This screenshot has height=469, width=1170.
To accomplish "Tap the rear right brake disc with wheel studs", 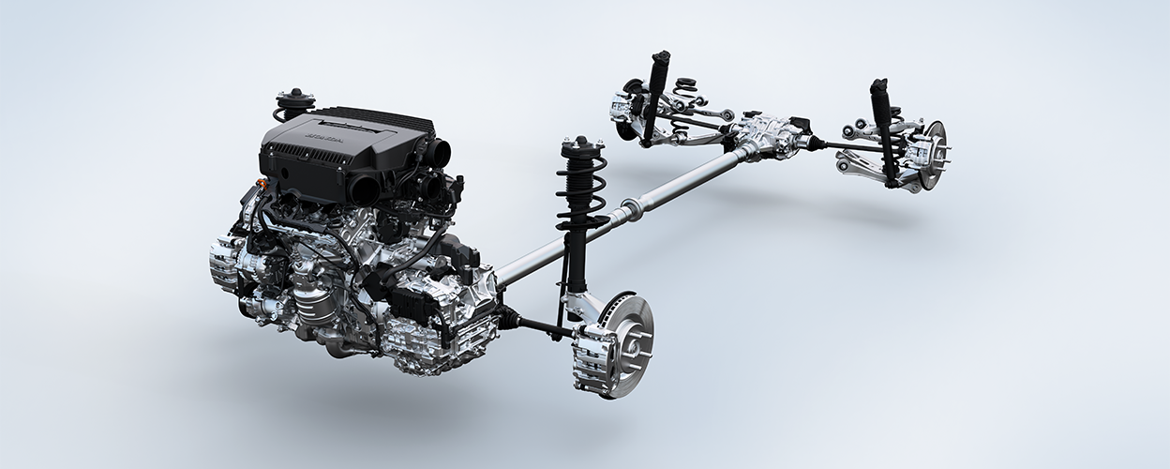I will coord(932,149).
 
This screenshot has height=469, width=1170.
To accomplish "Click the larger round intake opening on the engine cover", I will coord(366,189).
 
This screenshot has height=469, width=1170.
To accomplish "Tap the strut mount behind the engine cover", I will coord(295,100).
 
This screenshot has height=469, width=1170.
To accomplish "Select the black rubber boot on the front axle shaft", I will coord(511,319).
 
